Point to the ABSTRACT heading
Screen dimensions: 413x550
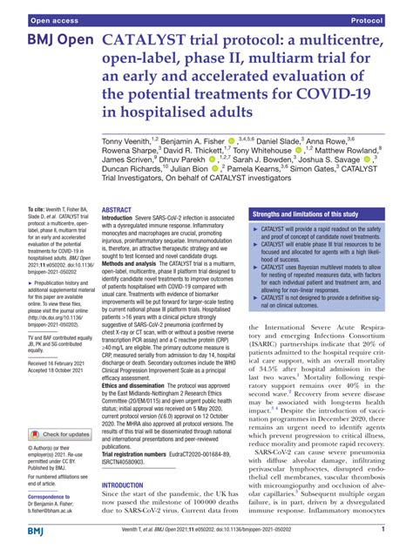tap(117, 211)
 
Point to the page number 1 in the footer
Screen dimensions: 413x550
tap(383, 529)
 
